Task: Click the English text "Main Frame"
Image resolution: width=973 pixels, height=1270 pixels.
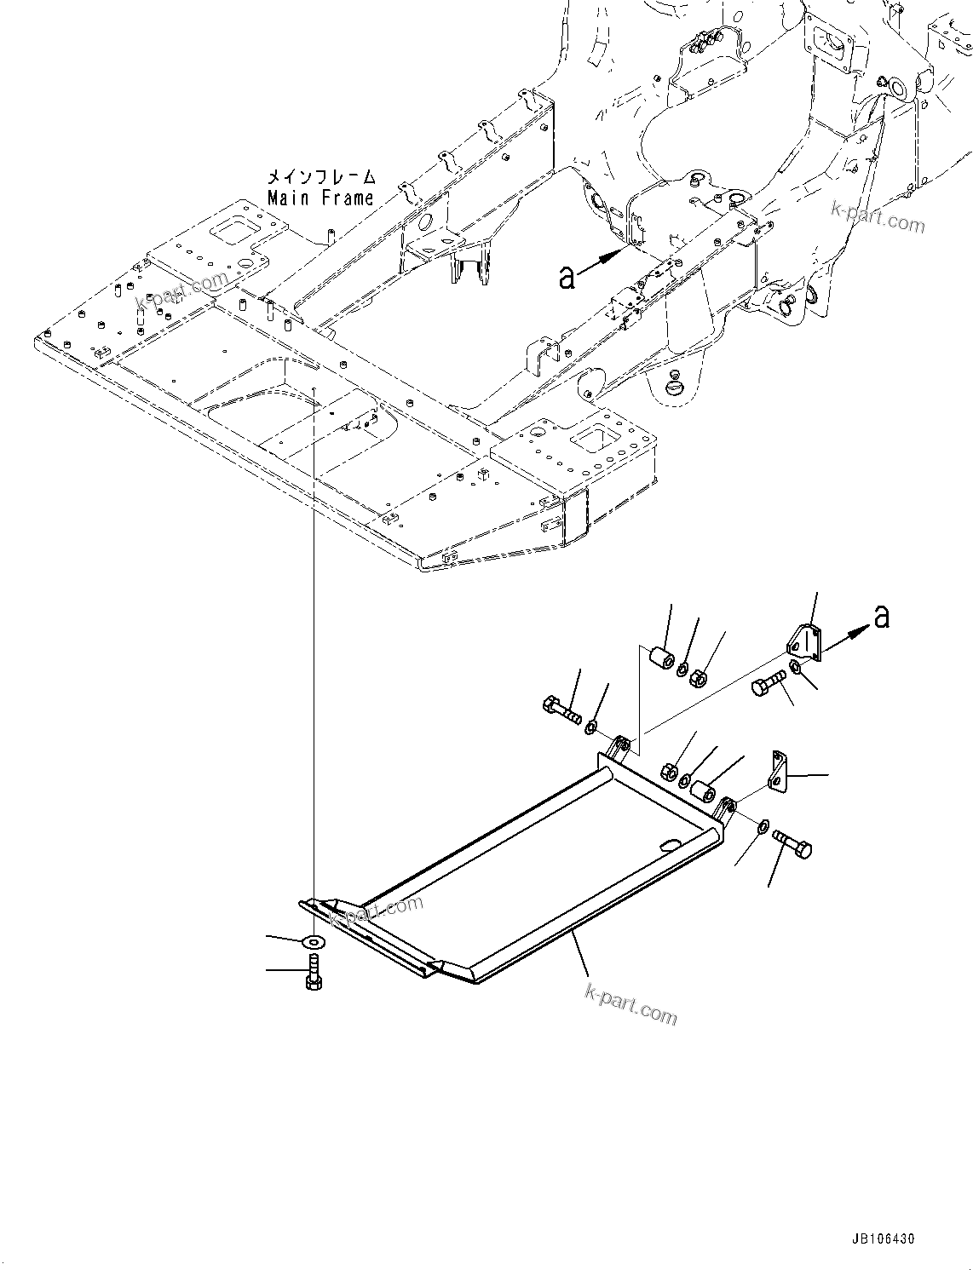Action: coord(320,198)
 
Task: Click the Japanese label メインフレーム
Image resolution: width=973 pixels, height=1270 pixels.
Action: coord(320,177)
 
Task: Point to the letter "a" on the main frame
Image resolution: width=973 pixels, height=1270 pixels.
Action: coord(567,276)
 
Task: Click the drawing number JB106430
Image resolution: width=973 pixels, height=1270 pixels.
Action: coord(883,1239)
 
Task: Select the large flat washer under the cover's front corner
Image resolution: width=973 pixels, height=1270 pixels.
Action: coord(314,941)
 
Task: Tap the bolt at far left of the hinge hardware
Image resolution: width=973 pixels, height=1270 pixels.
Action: coord(559,709)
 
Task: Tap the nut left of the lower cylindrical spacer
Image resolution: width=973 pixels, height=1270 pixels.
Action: coord(670,772)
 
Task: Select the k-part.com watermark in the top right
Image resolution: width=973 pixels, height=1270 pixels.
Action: coord(878,218)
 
